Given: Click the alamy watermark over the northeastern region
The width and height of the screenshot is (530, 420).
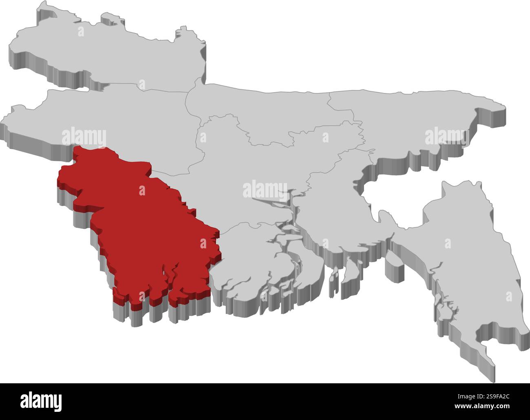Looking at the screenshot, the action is [447, 137].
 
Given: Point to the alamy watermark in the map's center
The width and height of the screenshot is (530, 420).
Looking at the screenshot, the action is [265, 189].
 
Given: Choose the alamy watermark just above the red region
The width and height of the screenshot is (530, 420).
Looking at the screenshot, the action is [84, 137].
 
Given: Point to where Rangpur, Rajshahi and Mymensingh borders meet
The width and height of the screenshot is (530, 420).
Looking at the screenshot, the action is [187, 92].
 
